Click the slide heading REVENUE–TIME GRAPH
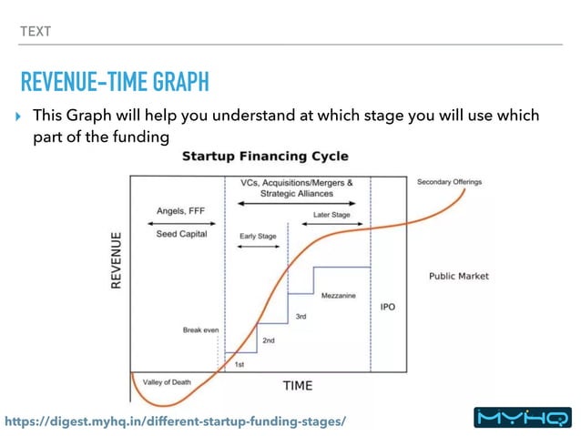pyautogui.click(x=115, y=83)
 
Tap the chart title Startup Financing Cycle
pyautogui.click(x=265, y=157)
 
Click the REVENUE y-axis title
pyautogui.click(x=117, y=260)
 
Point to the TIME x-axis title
pyautogui.click(x=297, y=385)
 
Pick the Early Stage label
pyautogui.click(x=259, y=235)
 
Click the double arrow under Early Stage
pyautogui.click(x=259, y=246)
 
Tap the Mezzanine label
pyautogui.click(x=339, y=296)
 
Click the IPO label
pyautogui.click(x=387, y=307)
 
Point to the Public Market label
pyautogui.click(x=458, y=276)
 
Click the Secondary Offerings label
pyautogui.click(x=449, y=182)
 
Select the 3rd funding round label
pyautogui.click(x=301, y=317)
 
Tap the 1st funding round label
pyautogui.click(x=240, y=364)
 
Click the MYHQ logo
pyautogui.click(x=524, y=418)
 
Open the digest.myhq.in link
pyautogui.click(x=176, y=421)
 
